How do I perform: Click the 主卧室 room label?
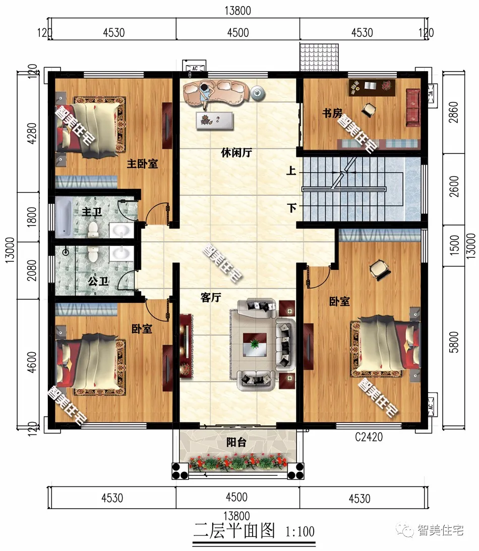click(x=142, y=163)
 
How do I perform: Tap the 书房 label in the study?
click(x=332, y=113)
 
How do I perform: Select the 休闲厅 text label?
click(x=236, y=152)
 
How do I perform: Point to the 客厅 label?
click(x=211, y=298)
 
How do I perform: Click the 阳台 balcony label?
click(x=236, y=442)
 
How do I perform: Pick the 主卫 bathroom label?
click(x=92, y=212)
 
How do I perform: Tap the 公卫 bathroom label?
click(x=98, y=281)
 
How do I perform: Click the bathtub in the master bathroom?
click(x=64, y=217)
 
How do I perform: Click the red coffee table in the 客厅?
click(x=255, y=344)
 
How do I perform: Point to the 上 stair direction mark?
click(x=291, y=171)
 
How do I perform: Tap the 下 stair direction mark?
click(x=291, y=208)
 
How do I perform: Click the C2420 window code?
click(x=369, y=437)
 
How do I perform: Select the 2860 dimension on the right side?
click(x=454, y=112)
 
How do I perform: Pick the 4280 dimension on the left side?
click(x=32, y=133)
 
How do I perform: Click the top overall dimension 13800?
click(x=238, y=11)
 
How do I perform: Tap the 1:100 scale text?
click(x=300, y=531)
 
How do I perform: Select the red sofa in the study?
click(x=413, y=107)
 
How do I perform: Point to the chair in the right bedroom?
click(x=380, y=269)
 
